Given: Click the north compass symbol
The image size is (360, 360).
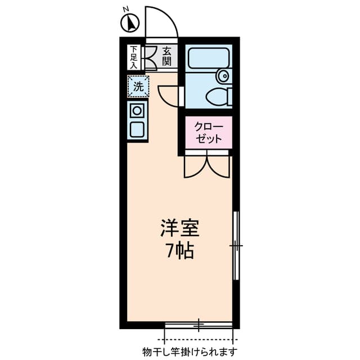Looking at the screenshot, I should tap(130, 22).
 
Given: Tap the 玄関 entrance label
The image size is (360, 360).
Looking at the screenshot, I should tap(166, 56).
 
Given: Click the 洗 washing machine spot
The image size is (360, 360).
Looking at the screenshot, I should tap(138, 87).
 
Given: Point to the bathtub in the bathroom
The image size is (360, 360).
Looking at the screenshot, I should tap(208, 58).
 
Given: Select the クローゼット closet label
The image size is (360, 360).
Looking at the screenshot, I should tap(208, 132).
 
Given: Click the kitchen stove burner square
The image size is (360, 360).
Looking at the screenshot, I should tap(137, 110).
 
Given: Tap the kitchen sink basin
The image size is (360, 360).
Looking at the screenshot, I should tap(137, 128).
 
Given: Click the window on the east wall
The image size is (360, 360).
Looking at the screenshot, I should tap(236, 246).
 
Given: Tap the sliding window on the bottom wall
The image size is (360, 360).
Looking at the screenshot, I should tap(199, 325).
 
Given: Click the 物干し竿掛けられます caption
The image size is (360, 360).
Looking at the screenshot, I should tap(190, 352).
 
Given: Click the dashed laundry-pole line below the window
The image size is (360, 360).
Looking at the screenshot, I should tap(199, 340).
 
